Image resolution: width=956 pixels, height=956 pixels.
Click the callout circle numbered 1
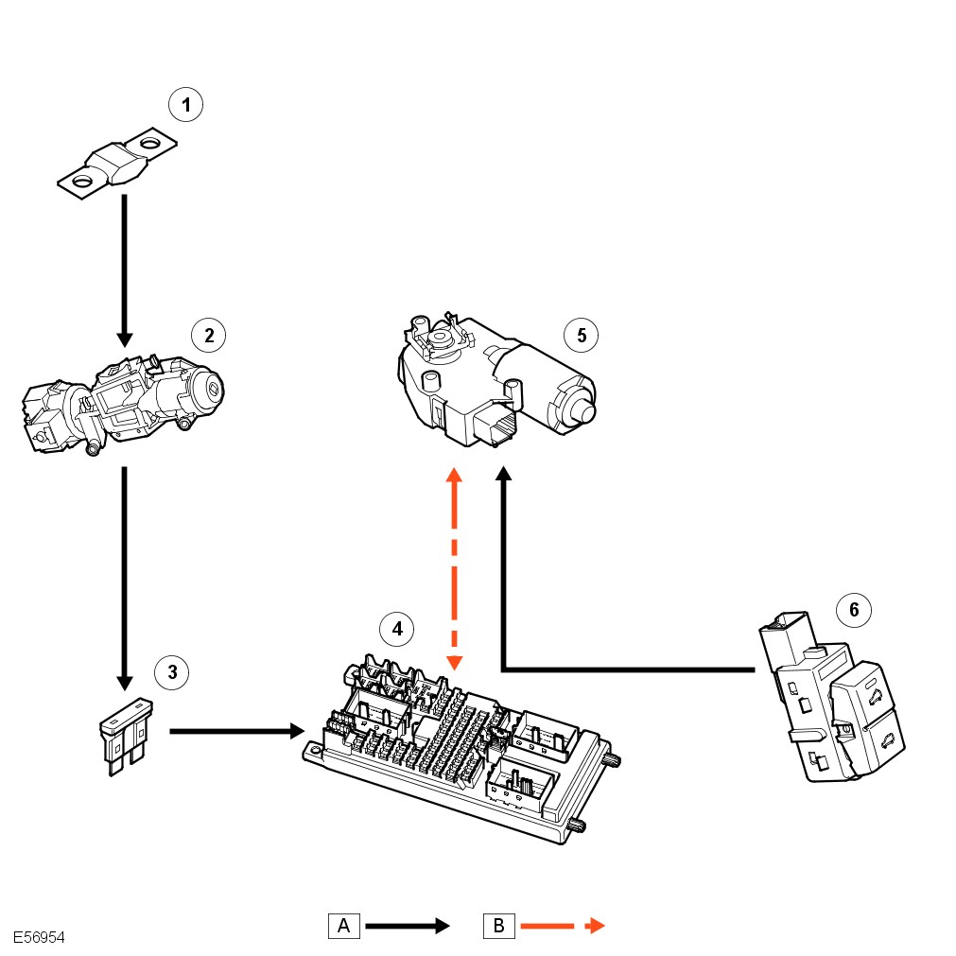point(186,104)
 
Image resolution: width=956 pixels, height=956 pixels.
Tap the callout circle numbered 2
point(209,334)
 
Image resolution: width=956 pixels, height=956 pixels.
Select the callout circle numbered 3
point(172,672)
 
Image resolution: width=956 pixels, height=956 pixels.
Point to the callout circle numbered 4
point(397,627)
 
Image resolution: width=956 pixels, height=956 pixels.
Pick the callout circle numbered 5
point(581,334)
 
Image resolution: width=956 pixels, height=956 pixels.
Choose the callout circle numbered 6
point(854,610)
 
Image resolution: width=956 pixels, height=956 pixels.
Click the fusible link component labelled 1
point(116,165)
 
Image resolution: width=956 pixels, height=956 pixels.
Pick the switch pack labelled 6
point(832,704)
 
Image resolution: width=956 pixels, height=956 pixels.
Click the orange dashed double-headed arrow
point(454,567)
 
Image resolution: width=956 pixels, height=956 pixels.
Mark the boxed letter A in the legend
point(344,926)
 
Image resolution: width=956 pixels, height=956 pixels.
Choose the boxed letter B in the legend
point(498,926)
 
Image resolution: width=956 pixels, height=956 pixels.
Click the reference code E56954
point(39,937)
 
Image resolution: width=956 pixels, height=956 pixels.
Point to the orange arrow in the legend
point(562,926)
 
